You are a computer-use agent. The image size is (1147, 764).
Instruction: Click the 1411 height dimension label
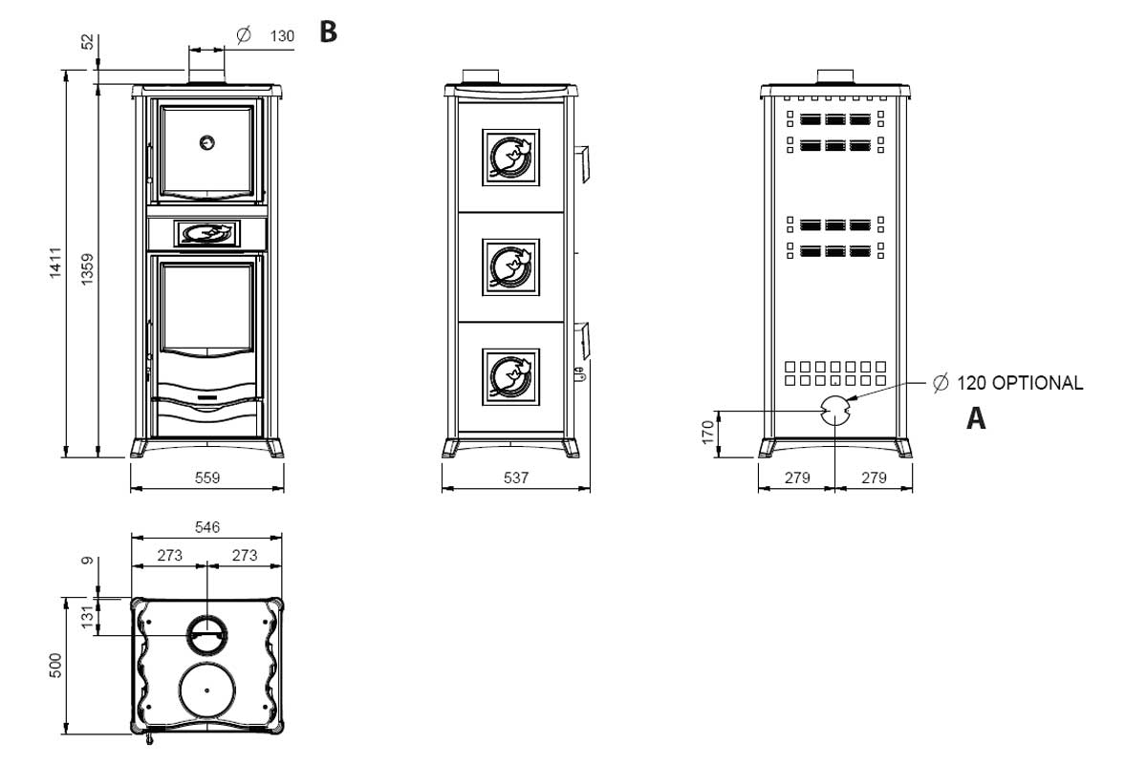click(x=56, y=263)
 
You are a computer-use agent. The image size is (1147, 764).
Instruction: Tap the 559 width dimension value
click(x=206, y=477)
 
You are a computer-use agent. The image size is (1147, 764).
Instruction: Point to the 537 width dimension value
click(x=515, y=477)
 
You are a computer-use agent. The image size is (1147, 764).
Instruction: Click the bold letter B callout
click(x=328, y=32)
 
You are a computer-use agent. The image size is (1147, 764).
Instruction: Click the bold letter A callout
click(x=976, y=418)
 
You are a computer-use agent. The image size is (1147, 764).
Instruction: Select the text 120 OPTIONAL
click(x=1019, y=384)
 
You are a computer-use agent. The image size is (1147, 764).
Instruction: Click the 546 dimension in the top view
click(x=206, y=527)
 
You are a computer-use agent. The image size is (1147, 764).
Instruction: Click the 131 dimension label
click(x=88, y=617)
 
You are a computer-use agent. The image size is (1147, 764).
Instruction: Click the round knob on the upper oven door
click(x=206, y=143)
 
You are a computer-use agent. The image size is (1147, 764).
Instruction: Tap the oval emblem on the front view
click(x=206, y=232)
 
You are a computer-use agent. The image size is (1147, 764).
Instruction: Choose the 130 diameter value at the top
click(x=282, y=35)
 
